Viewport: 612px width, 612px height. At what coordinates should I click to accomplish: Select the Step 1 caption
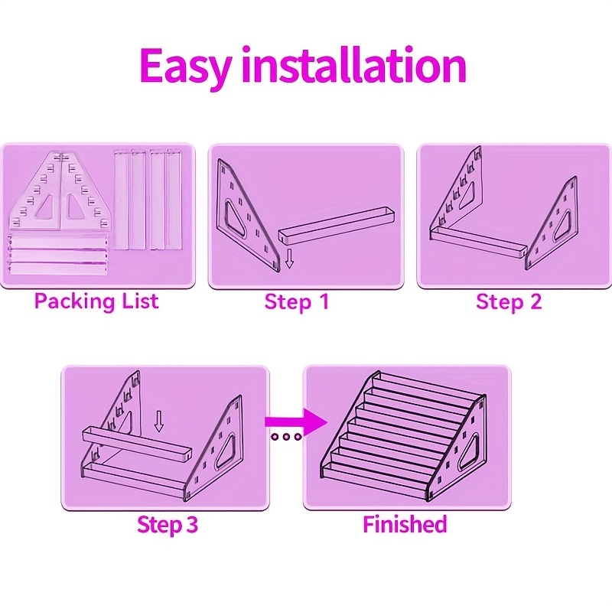[x=297, y=301]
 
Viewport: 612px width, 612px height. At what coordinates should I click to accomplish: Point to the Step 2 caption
[x=509, y=301]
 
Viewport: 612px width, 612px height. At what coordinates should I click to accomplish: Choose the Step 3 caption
[x=168, y=524]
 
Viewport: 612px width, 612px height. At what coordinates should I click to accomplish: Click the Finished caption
[x=405, y=524]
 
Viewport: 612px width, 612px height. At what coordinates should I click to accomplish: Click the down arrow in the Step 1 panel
[x=289, y=259]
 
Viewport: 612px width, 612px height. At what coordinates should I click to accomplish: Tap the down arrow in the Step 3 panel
[x=158, y=421]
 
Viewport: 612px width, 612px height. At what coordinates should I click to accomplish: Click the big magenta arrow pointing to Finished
[x=296, y=422]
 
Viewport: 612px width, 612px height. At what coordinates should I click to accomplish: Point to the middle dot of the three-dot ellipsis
[x=286, y=437]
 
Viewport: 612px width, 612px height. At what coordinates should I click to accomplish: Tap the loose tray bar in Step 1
[x=337, y=224]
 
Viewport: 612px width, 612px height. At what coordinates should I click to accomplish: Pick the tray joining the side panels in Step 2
[x=479, y=243]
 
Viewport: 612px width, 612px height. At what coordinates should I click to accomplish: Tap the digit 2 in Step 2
[x=535, y=301]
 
